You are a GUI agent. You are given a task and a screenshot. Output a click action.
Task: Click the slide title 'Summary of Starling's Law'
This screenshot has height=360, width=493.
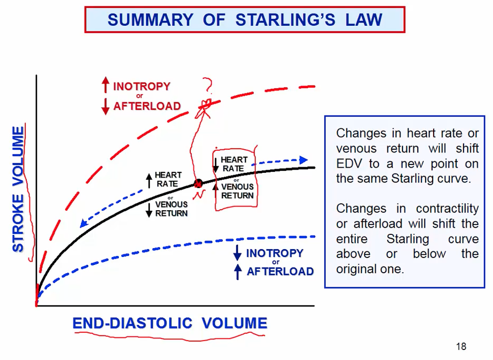[x=244, y=20]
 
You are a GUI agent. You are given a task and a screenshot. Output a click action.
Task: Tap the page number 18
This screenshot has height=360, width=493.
[x=461, y=346]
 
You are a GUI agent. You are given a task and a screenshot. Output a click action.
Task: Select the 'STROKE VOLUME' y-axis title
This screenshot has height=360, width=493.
[x=18, y=189]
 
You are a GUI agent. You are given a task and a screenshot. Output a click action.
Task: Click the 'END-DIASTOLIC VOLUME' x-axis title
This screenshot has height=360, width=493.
[x=170, y=323]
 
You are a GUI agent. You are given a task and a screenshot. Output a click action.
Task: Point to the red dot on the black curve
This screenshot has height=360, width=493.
[x=198, y=183]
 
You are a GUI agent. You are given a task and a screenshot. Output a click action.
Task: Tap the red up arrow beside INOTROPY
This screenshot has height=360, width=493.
[x=106, y=86]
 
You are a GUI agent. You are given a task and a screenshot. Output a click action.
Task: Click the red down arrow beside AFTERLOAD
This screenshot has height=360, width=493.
[x=106, y=106]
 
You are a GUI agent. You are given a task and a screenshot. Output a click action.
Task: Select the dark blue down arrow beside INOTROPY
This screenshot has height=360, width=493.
[x=238, y=253]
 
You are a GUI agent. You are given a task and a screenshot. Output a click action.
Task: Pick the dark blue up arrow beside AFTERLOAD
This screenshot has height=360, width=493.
[x=238, y=271]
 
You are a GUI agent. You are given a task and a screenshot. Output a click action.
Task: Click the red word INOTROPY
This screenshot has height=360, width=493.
[x=142, y=86]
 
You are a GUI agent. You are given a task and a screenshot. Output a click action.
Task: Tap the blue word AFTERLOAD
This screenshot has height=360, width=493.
[x=280, y=272]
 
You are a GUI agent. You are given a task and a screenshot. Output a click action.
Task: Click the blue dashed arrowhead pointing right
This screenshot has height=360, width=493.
[x=303, y=159]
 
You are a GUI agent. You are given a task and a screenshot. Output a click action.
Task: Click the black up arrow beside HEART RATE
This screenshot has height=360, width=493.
[x=149, y=180]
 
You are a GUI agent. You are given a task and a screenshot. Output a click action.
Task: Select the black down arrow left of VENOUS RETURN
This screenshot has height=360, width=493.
[x=149, y=209]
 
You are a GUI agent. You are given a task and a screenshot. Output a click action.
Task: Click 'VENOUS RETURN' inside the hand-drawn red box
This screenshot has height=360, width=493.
[x=237, y=191]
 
